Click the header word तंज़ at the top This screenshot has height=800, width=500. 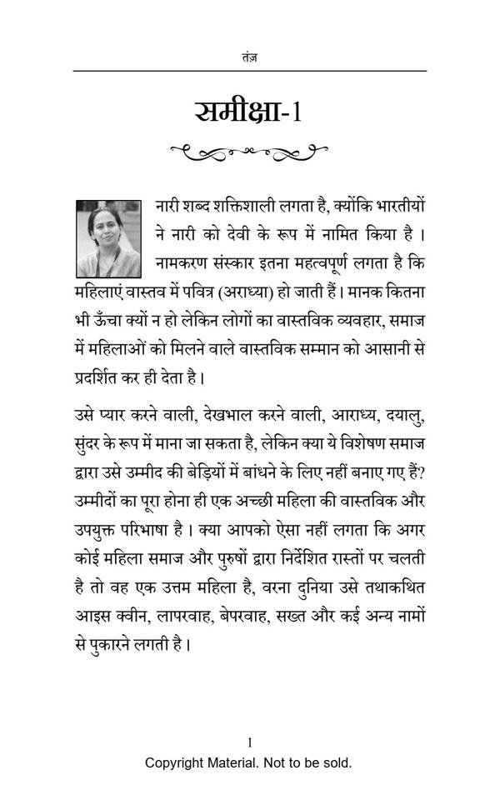pyautogui.click(x=249, y=57)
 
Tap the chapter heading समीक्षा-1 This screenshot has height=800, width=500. pyautogui.click(x=248, y=111)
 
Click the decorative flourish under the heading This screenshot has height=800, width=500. pyautogui.click(x=248, y=152)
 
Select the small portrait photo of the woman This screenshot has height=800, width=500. pyautogui.click(x=109, y=237)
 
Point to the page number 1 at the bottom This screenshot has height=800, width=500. pyautogui.click(x=249, y=742)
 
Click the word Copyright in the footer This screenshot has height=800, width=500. pyautogui.click(x=175, y=762)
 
